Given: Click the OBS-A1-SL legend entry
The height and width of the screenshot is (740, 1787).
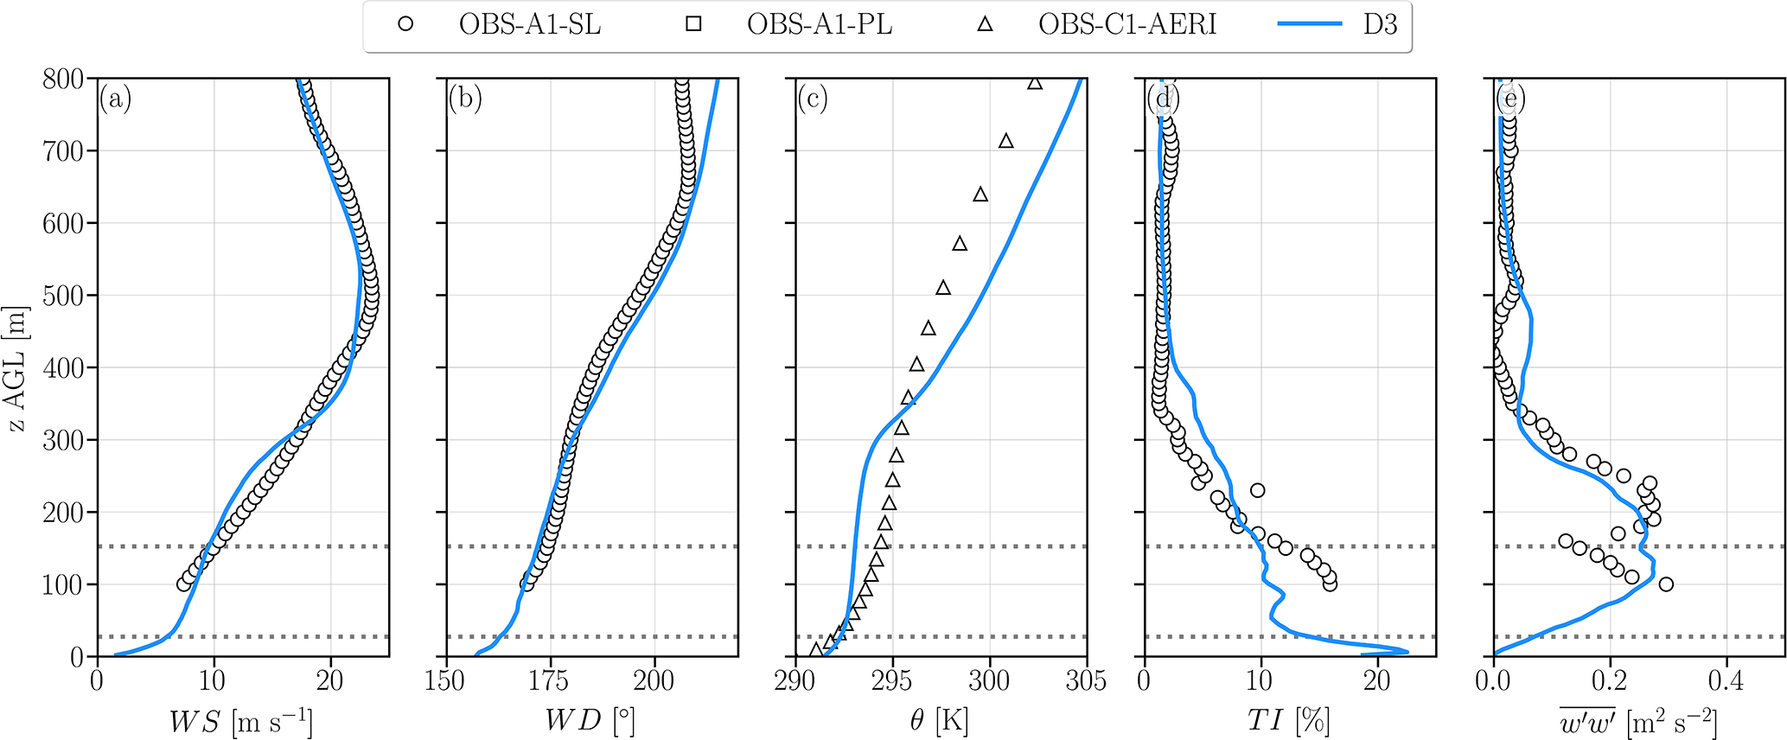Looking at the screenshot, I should [x=529, y=25].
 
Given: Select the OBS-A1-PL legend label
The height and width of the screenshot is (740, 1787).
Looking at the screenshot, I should [x=819, y=25].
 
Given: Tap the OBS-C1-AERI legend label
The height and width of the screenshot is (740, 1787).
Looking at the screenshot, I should [x=1126, y=25].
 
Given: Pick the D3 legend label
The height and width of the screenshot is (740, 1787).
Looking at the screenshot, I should [x=1380, y=25].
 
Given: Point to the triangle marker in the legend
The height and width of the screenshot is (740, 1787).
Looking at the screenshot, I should [x=985, y=25].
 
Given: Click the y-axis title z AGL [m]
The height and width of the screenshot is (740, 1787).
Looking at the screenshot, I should [x=16, y=367].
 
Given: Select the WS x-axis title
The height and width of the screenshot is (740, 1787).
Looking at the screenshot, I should [x=240, y=721].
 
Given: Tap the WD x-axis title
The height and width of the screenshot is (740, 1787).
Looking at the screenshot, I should [x=590, y=721].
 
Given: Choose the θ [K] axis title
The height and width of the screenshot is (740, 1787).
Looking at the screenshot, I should [x=939, y=721].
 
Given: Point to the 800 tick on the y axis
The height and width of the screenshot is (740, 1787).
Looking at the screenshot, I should [x=63, y=80].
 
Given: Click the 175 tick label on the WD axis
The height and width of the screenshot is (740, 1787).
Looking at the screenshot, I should [x=549, y=681].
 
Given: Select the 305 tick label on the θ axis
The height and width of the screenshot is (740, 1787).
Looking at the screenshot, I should [x=1086, y=681].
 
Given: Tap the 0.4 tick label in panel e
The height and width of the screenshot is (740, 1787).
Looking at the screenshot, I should [x=1726, y=681].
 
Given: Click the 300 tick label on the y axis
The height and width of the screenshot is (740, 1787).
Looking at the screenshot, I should [x=63, y=441].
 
